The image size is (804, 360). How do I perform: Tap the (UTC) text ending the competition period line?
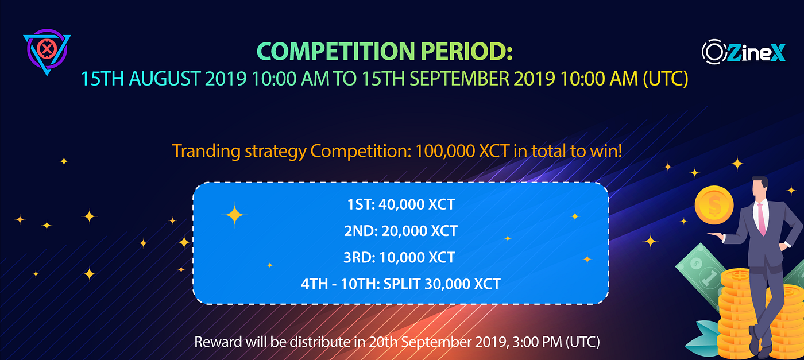point(666,78)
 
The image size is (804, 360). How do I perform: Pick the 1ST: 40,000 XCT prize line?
point(400,204)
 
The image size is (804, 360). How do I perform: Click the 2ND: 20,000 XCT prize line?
point(400,231)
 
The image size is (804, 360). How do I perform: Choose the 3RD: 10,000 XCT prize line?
point(400,257)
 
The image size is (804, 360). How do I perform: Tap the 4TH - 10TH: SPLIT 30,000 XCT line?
point(400,284)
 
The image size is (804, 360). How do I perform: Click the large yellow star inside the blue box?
point(234,216)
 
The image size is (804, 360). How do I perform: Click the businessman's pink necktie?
point(762,218)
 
